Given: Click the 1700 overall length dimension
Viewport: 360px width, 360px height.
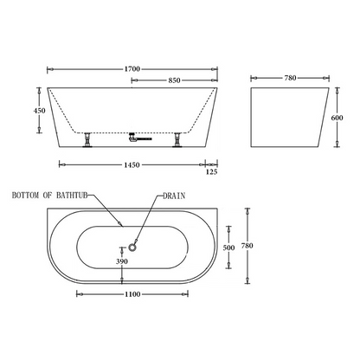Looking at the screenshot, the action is coord(132,69).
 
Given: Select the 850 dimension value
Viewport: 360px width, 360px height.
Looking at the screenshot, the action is coord(174,80).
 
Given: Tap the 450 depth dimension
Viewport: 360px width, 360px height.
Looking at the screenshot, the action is coord(40,111).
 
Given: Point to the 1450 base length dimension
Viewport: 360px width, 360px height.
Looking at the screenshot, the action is coord(132,165).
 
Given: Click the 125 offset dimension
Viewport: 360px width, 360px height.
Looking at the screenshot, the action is coord(211,172).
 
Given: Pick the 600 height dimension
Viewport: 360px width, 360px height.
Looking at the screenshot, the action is coord(337,118).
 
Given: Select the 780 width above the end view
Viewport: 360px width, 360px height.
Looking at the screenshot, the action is coord(290,78).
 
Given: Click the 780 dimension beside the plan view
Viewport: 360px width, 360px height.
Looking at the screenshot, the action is coord(247,246).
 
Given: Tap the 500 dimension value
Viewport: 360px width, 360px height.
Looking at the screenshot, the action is coord(228,247).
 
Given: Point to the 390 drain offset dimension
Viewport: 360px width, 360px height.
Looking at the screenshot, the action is coord(122,261).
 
